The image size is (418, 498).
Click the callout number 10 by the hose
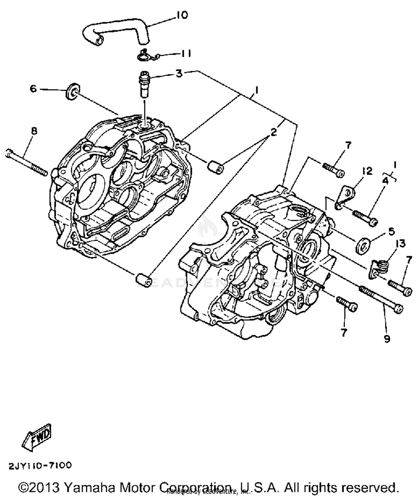click(x=183, y=15)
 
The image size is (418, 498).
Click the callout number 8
click(x=34, y=131)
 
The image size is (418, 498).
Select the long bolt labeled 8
click(x=26, y=162)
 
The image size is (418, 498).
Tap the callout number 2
click(x=273, y=132)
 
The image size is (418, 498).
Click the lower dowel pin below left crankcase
click(x=143, y=280)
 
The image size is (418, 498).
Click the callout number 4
click(x=385, y=181)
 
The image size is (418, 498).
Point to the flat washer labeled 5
click(x=363, y=245)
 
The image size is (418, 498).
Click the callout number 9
click(x=387, y=339)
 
